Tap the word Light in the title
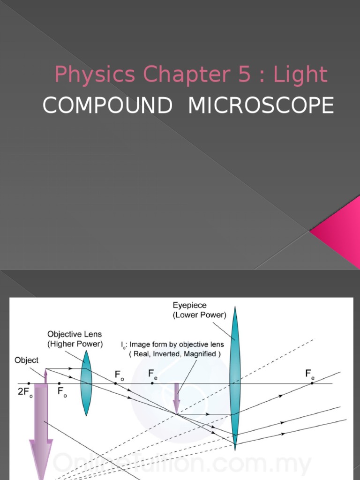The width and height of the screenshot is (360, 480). [x=300, y=75]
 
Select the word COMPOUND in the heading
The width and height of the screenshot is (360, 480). [x=107, y=105]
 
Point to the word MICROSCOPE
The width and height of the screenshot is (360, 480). [x=261, y=105]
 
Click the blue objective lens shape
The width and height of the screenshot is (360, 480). [x=86, y=383]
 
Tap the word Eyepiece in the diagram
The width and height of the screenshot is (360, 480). [x=189, y=305]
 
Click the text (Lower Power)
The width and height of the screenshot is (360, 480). [x=199, y=315]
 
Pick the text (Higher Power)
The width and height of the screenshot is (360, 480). [x=75, y=344]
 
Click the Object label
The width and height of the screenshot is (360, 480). [x=26, y=360]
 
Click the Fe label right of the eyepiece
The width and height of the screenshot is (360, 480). [x=310, y=374]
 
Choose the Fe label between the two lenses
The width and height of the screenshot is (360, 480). [x=153, y=374]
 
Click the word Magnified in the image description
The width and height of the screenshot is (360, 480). [x=197, y=354]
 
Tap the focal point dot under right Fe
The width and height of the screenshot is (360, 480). [x=312, y=383]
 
